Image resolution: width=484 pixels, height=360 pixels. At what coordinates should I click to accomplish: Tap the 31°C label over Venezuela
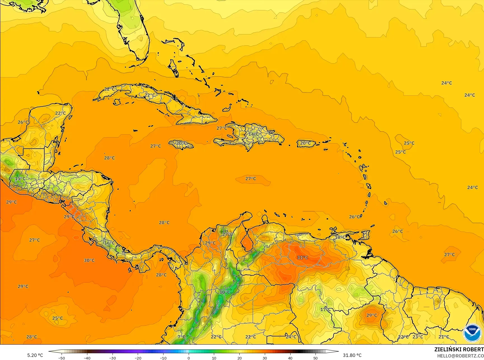302,257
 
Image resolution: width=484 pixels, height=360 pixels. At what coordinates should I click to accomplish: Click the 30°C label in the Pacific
89,260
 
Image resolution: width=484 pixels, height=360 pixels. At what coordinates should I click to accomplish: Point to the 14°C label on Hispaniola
254,134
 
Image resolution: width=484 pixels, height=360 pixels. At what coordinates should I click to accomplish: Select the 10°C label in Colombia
225,292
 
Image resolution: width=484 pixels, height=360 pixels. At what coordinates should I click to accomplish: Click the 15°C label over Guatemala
20,179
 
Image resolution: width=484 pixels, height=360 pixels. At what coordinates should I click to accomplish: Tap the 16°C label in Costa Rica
109,243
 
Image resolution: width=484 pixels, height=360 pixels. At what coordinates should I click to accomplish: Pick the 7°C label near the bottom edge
181,337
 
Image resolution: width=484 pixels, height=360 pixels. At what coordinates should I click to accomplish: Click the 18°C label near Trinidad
340,237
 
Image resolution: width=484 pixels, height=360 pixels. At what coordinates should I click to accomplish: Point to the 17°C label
326,309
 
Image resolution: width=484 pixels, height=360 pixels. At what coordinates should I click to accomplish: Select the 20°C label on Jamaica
181,143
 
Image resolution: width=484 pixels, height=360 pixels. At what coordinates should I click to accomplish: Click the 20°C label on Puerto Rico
305,143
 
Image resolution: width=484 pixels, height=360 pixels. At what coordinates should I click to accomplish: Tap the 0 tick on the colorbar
189,358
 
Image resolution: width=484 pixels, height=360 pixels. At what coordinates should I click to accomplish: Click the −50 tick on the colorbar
62,358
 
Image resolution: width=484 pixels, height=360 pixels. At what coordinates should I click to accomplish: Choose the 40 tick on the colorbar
290,358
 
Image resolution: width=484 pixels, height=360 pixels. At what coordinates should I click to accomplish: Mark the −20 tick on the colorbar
138,358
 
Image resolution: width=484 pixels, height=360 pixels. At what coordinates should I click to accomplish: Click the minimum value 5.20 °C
35,355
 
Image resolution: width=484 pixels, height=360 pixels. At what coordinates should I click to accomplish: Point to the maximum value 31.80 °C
352,355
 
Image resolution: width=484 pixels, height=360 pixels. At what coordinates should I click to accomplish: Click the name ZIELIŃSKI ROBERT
459,349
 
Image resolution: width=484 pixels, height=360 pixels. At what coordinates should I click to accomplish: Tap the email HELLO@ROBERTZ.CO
460,356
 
